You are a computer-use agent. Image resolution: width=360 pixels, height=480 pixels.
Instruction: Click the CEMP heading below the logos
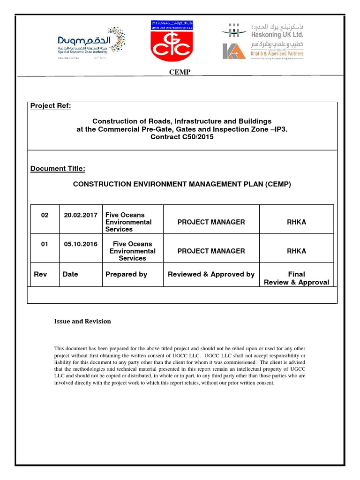pyautogui.click(x=180, y=72)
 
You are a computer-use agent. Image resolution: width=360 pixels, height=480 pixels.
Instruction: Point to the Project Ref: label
pyautogui.click(x=51, y=106)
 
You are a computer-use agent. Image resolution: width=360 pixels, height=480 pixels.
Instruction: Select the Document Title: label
pyautogui.click(x=58, y=169)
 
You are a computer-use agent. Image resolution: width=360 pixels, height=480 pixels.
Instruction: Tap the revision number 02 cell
pyautogui.click(x=45, y=215)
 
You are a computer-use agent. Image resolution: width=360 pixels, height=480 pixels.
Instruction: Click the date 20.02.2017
pyautogui.click(x=81, y=215)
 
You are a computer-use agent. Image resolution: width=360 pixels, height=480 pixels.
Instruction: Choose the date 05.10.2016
pyautogui.click(x=81, y=244)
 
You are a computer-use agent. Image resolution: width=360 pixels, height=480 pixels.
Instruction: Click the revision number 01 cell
pyautogui.click(x=45, y=244)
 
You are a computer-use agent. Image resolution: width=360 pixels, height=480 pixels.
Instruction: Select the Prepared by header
pyautogui.click(x=126, y=274)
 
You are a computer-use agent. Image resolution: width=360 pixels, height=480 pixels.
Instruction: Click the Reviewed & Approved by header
pyautogui.click(x=211, y=274)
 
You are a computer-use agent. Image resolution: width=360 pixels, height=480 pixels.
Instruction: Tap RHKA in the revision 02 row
pyautogui.click(x=296, y=222)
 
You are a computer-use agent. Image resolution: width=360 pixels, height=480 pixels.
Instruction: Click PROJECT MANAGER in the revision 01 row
pyautogui.click(x=211, y=251)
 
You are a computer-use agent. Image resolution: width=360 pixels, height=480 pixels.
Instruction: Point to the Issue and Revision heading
pyautogui.click(x=82, y=321)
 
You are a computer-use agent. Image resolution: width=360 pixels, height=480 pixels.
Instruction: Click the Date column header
pyautogui.click(x=70, y=274)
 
